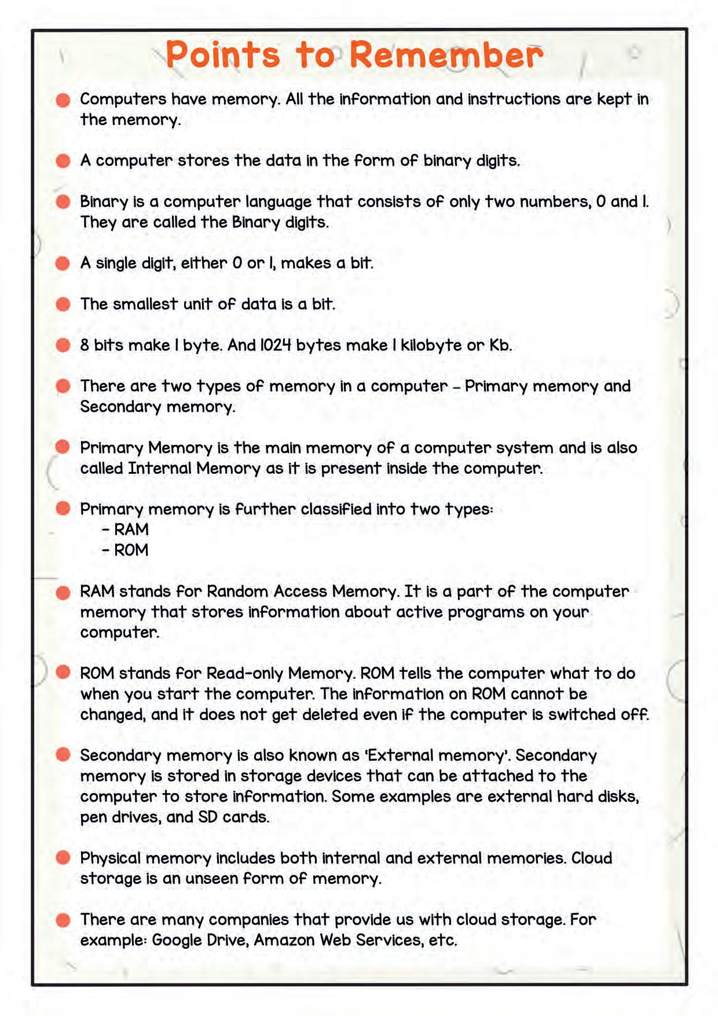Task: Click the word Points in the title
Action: pos(223,55)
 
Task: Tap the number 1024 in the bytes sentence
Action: pos(276,345)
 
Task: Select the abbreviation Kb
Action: pos(500,345)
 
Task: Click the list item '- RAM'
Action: pos(125,529)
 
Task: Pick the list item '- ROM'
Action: pos(125,550)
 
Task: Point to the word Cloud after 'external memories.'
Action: pos(592,858)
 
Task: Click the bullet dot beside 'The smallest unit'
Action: pos(63,304)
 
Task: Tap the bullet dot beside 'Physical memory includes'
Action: pos(63,858)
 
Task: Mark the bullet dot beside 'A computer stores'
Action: pos(63,160)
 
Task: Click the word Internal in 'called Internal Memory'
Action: pos(159,468)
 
